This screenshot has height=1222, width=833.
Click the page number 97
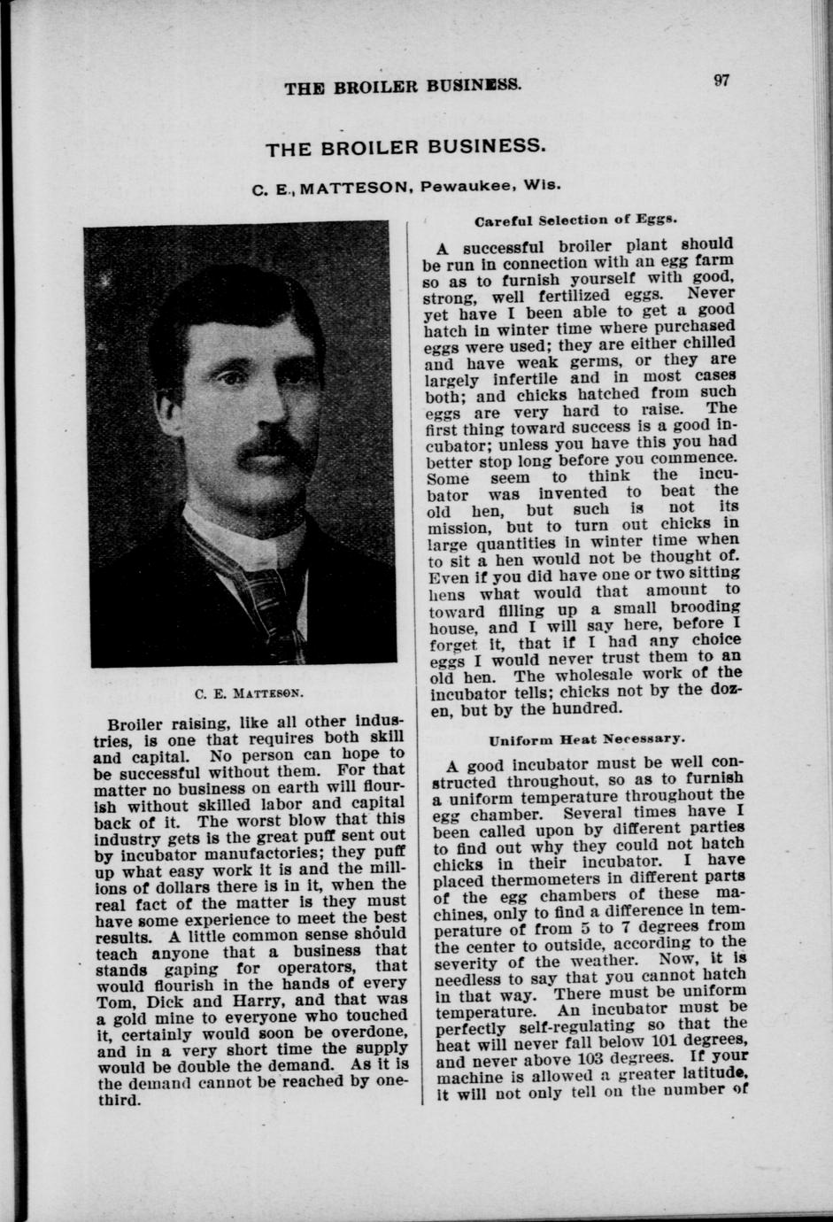coord(721,81)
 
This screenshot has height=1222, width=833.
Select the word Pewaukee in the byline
coord(464,187)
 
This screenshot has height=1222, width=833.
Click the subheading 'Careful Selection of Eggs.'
coord(576,220)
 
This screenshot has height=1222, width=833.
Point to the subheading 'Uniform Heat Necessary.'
coord(583,737)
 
